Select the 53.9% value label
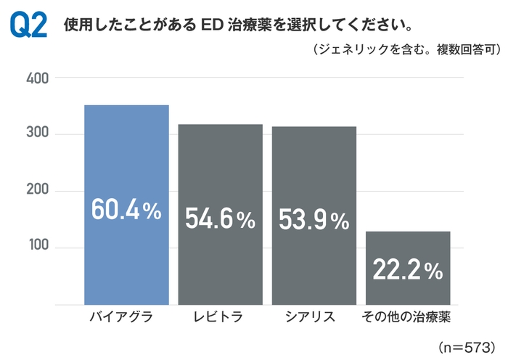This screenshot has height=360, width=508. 314,221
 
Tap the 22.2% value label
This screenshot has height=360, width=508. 408,271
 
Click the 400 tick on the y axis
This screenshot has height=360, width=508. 36,78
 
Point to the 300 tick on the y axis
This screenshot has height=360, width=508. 36,134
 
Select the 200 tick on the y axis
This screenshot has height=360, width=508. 36,191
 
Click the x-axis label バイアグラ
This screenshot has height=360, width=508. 126,317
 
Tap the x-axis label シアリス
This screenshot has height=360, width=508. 314,317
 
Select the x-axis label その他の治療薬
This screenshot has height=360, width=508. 408,317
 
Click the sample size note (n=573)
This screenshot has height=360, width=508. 467,343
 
